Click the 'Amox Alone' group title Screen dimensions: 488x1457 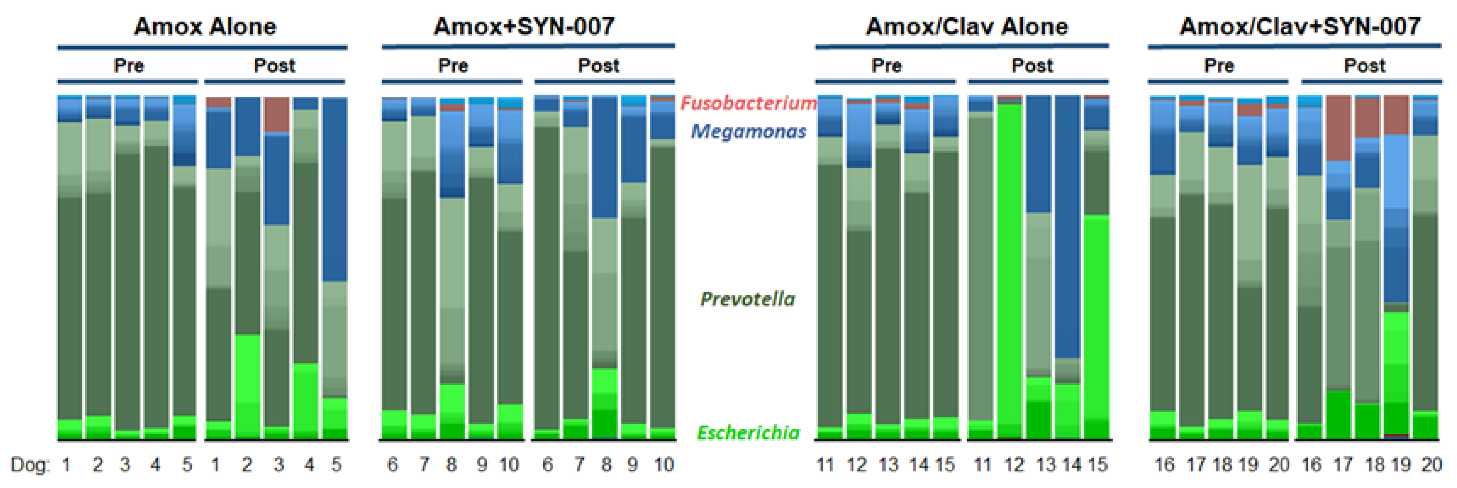(205, 27)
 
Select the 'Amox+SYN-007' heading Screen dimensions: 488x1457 (524, 27)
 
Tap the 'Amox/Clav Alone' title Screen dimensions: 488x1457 (966, 27)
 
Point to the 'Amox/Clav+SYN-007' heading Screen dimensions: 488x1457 (1300, 27)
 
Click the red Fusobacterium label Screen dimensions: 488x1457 (748, 103)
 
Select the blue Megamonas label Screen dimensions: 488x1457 (748, 131)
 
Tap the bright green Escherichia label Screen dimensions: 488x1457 (748, 432)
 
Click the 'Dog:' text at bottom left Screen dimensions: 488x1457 (30, 465)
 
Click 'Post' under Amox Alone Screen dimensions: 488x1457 (274, 66)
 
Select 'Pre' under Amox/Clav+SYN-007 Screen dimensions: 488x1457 (1219, 66)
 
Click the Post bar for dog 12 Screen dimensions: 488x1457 (1010, 266)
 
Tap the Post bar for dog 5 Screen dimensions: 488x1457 (335, 266)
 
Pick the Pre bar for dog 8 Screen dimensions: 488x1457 (452, 266)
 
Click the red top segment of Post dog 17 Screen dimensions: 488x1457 (1338, 127)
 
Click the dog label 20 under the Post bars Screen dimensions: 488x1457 (1431, 465)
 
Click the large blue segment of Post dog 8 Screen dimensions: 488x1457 (605, 158)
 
